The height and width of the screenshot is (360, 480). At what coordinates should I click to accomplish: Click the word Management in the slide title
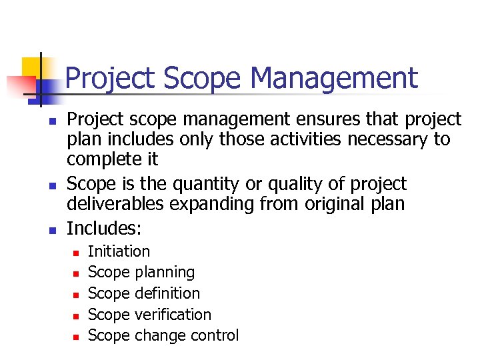pyautogui.click(x=334, y=78)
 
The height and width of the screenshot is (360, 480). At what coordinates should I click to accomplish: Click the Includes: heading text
pyautogui.click(x=104, y=228)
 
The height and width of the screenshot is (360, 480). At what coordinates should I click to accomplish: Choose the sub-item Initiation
pyautogui.click(x=119, y=251)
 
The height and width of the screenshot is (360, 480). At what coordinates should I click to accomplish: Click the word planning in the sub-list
pyautogui.click(x=165, y=272)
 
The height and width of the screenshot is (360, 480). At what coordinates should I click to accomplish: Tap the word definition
pyautogui.click(x=167, y=293)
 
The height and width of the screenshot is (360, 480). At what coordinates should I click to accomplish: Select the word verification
pyautogui.click(x=173, y=315)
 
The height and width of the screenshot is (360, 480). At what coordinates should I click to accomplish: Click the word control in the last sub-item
pyautogui.click(x=212, y=335)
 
